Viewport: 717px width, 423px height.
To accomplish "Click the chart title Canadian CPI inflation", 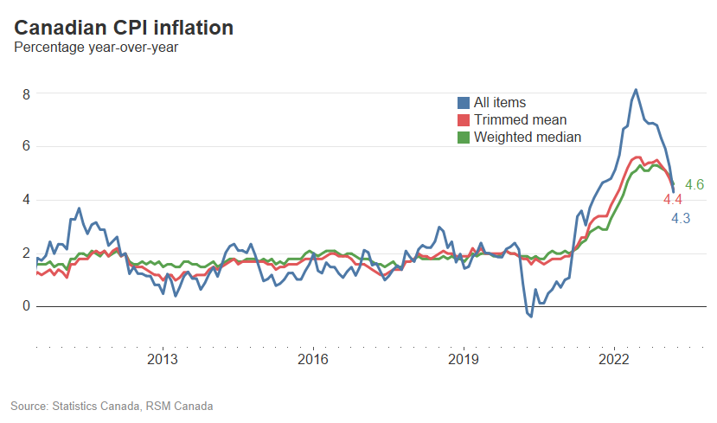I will pyautogui.click(x=124, y=28).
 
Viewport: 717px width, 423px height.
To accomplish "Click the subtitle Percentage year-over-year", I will pyautogui.click(x=96, y=48).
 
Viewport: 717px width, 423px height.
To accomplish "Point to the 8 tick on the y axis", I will pyautogui.click(x=27, y=93).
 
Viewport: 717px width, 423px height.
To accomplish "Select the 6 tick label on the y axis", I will pyautogui.click(x=27, y=146).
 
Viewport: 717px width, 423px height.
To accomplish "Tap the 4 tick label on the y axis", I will pyautogui.click(x=27, y=200).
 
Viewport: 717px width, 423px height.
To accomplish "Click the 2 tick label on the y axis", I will pyautogui.click(x=27, y=253).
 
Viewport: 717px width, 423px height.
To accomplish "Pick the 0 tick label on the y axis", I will pyautogui.click(x=27, y=306).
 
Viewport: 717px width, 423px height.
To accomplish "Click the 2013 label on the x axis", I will pyautogui.click(x=163, y=359).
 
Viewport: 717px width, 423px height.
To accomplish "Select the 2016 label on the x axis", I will pyautogui.click(x=312, y=359).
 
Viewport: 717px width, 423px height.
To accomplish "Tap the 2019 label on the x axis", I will pyautogui.click(x=463, y=359).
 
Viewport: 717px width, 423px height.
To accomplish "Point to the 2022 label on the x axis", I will pyautogui.click(x=613, y=359).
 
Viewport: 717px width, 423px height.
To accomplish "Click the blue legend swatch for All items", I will pyautogui.click(x=464, y=103).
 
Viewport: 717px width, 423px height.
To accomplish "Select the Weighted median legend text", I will pyautogui.click(x=528, y=138).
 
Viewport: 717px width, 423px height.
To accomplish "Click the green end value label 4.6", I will pyautogui.click(x=694, y=184).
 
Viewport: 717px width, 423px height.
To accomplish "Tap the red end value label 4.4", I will pyautogui.click(x=673, y=200).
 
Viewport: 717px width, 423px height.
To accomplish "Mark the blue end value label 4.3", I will pyautogui.click(x=681, y=219).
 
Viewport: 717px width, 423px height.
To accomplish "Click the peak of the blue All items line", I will pyautogui.click(x=636, y=90).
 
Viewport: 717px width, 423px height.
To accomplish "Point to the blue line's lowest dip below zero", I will pyautogui.click(x=530, y=317).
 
